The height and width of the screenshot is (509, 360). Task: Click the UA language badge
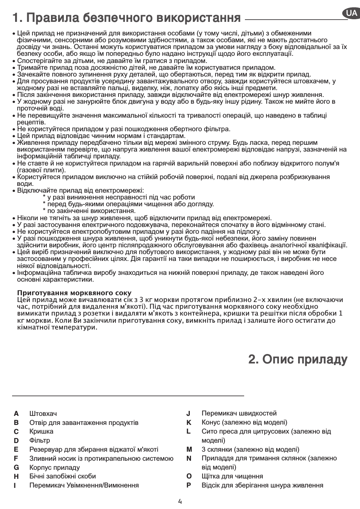tap(351, 14)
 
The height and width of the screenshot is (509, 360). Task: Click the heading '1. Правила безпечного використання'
tap(126, 17)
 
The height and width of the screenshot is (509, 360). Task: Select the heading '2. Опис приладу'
tap(298, 359)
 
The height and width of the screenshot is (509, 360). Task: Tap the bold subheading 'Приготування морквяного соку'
tap(74, 293)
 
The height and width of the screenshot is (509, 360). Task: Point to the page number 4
tap(180, 501)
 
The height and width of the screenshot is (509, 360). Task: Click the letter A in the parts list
tap(16, 414)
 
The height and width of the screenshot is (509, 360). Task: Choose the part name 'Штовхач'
tap(43, 414)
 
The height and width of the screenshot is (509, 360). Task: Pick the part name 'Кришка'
tap(41, 431)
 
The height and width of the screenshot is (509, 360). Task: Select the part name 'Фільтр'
tap(40, 440)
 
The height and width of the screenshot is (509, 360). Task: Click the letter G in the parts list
tap(16, 468)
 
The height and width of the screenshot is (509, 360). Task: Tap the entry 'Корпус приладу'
tap(55, 468)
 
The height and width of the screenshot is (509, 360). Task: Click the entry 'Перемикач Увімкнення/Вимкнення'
tap(84, 485)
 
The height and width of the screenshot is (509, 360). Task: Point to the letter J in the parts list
tap(188, 413)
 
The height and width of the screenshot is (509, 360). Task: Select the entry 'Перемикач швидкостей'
tap(239, 413)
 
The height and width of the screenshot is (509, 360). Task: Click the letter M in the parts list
tap(189, 449)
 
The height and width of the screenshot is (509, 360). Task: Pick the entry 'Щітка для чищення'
tap(232, 476)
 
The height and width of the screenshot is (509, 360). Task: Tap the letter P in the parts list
tap(189, 485)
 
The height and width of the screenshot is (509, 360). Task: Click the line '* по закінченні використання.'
tap(89, 211)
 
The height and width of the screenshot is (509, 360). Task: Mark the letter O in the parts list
tap(189, 476)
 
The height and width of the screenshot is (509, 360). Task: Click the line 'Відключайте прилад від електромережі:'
tap(80, 190)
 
